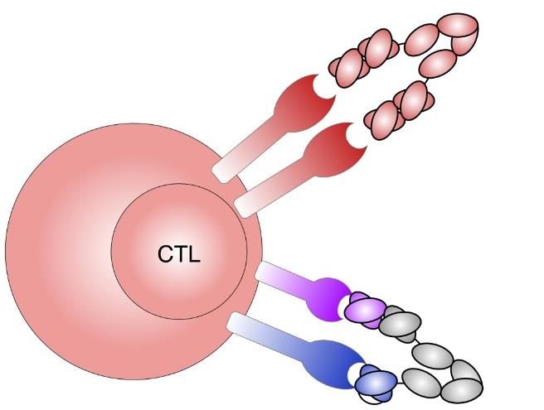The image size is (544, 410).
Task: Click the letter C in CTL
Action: pos(166,253)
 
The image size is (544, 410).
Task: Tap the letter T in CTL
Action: pos(179,253)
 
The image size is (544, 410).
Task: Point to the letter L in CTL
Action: pos(192,253)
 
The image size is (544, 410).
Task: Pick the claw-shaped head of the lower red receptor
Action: pos(336,148)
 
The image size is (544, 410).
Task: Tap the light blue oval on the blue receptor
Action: pos(376,381)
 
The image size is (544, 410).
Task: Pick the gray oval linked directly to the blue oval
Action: pos(420,380)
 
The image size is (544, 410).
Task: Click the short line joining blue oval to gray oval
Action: pos(399,382)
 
